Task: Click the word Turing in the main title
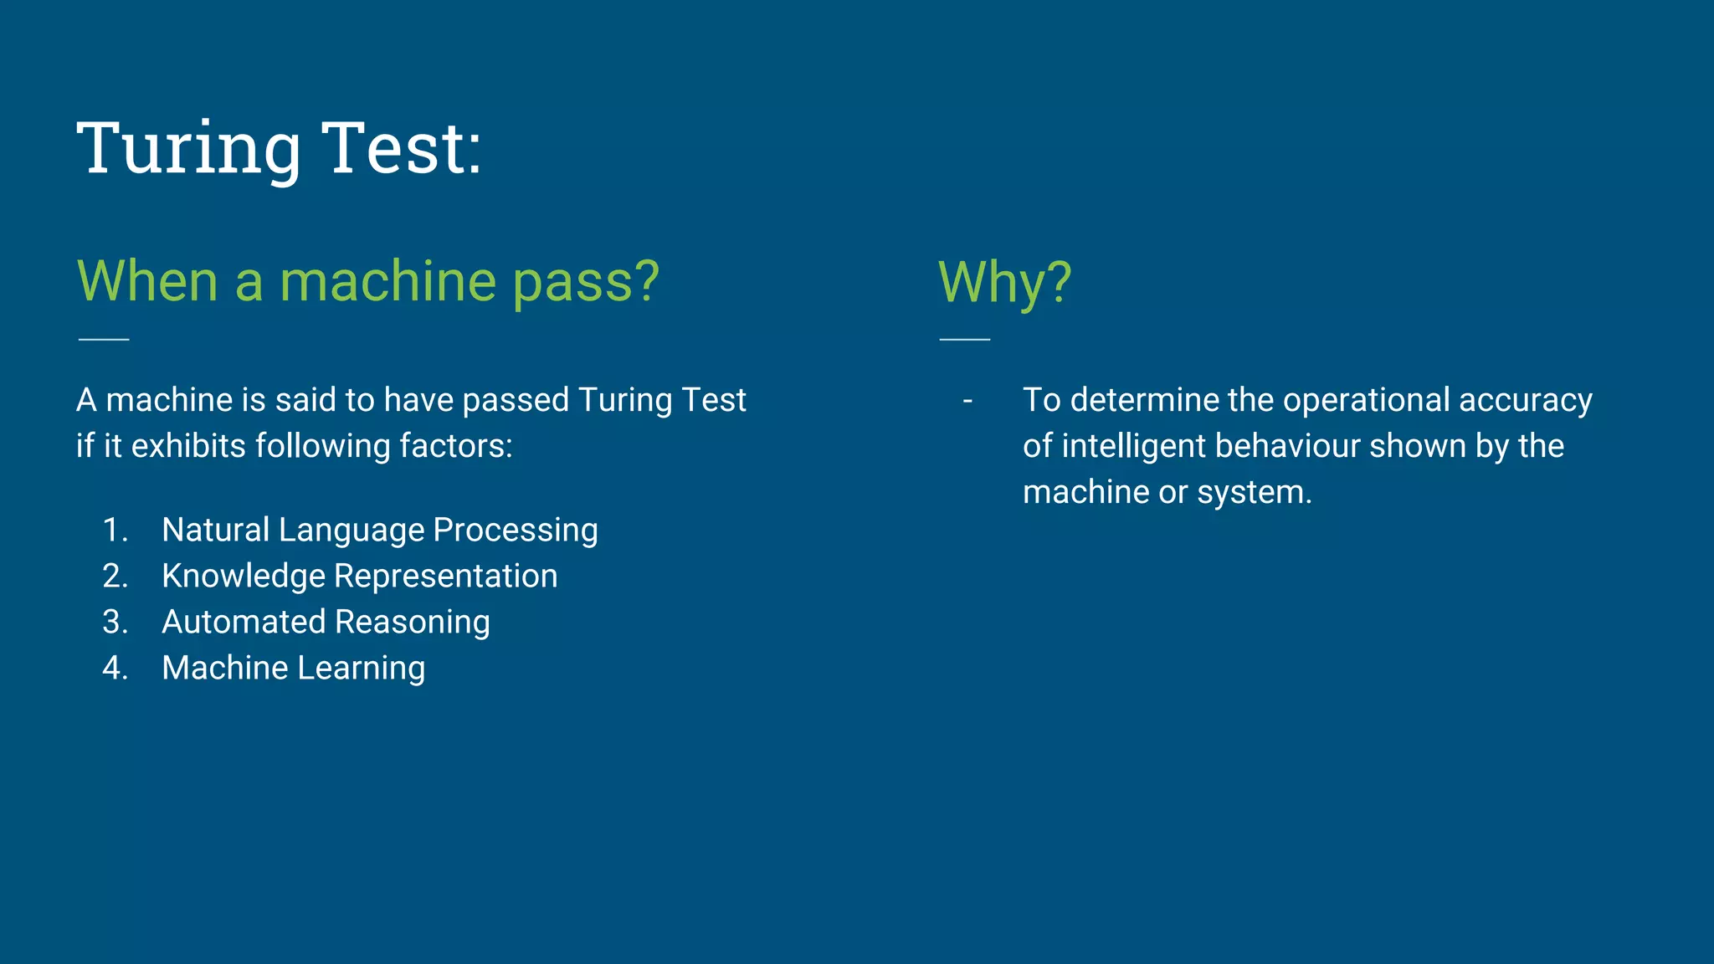[189, 149]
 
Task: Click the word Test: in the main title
[402, 149]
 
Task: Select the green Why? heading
[1004, 282]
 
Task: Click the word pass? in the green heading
[586, 283]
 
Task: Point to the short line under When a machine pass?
[104, 339]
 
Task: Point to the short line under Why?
[965, 339]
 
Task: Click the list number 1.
[115, 531]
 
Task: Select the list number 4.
[115, 669]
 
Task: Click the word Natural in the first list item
[215, 531]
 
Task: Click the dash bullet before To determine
[967, 401]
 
